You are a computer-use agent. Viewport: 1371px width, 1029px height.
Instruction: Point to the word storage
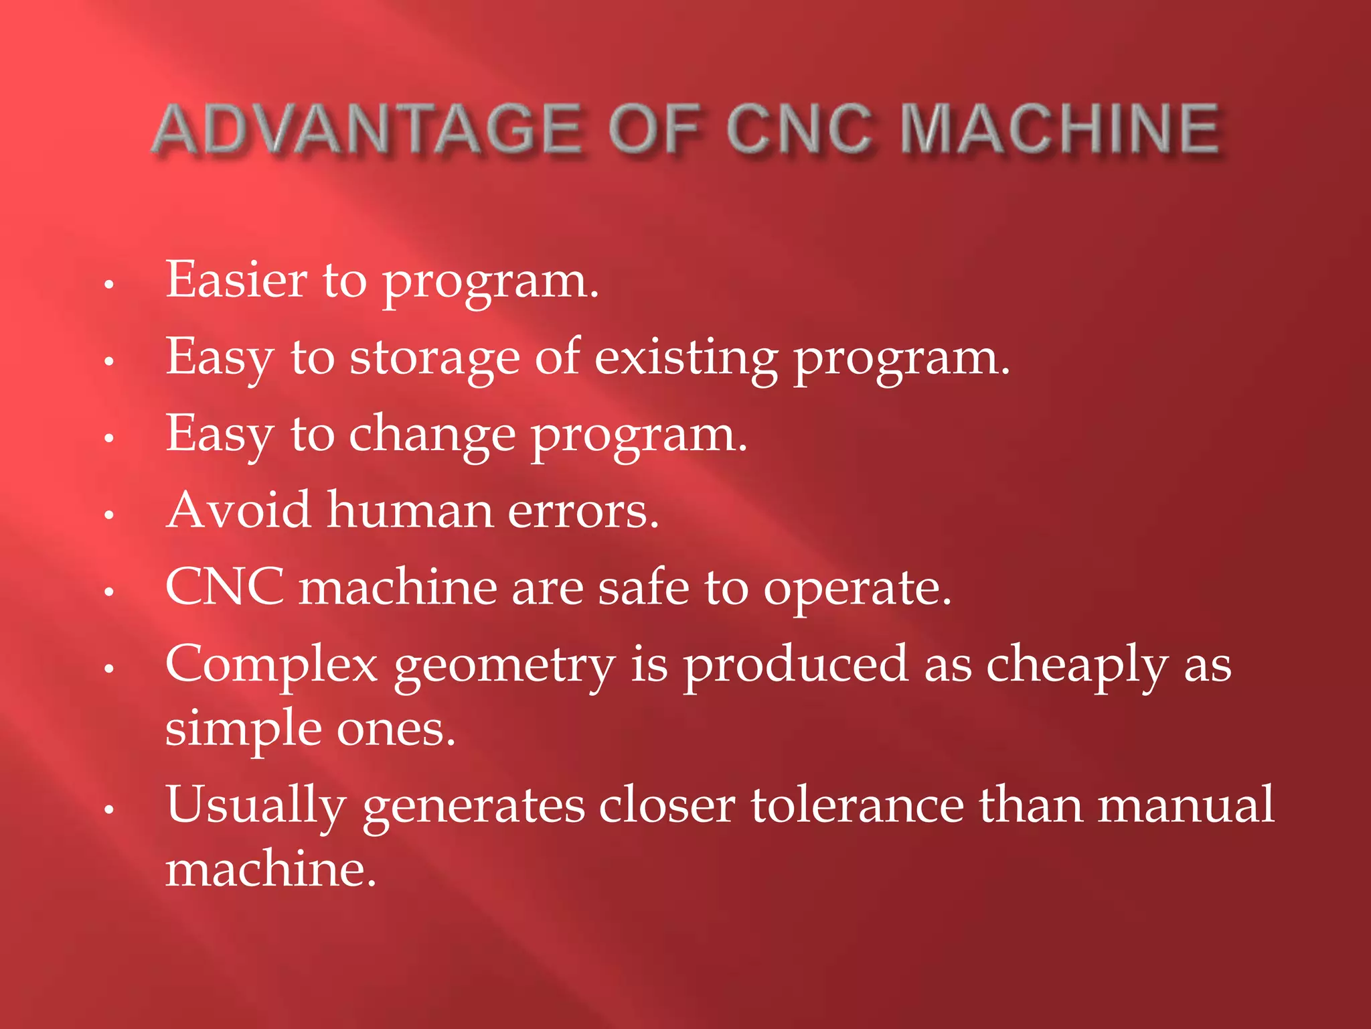434,358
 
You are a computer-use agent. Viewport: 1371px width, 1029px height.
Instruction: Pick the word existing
686,358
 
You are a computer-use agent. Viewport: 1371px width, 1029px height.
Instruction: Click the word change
432,435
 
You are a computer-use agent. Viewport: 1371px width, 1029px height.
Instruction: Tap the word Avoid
238,510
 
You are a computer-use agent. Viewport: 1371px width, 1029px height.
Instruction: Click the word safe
643,588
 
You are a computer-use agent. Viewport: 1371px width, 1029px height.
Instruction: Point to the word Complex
272,665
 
